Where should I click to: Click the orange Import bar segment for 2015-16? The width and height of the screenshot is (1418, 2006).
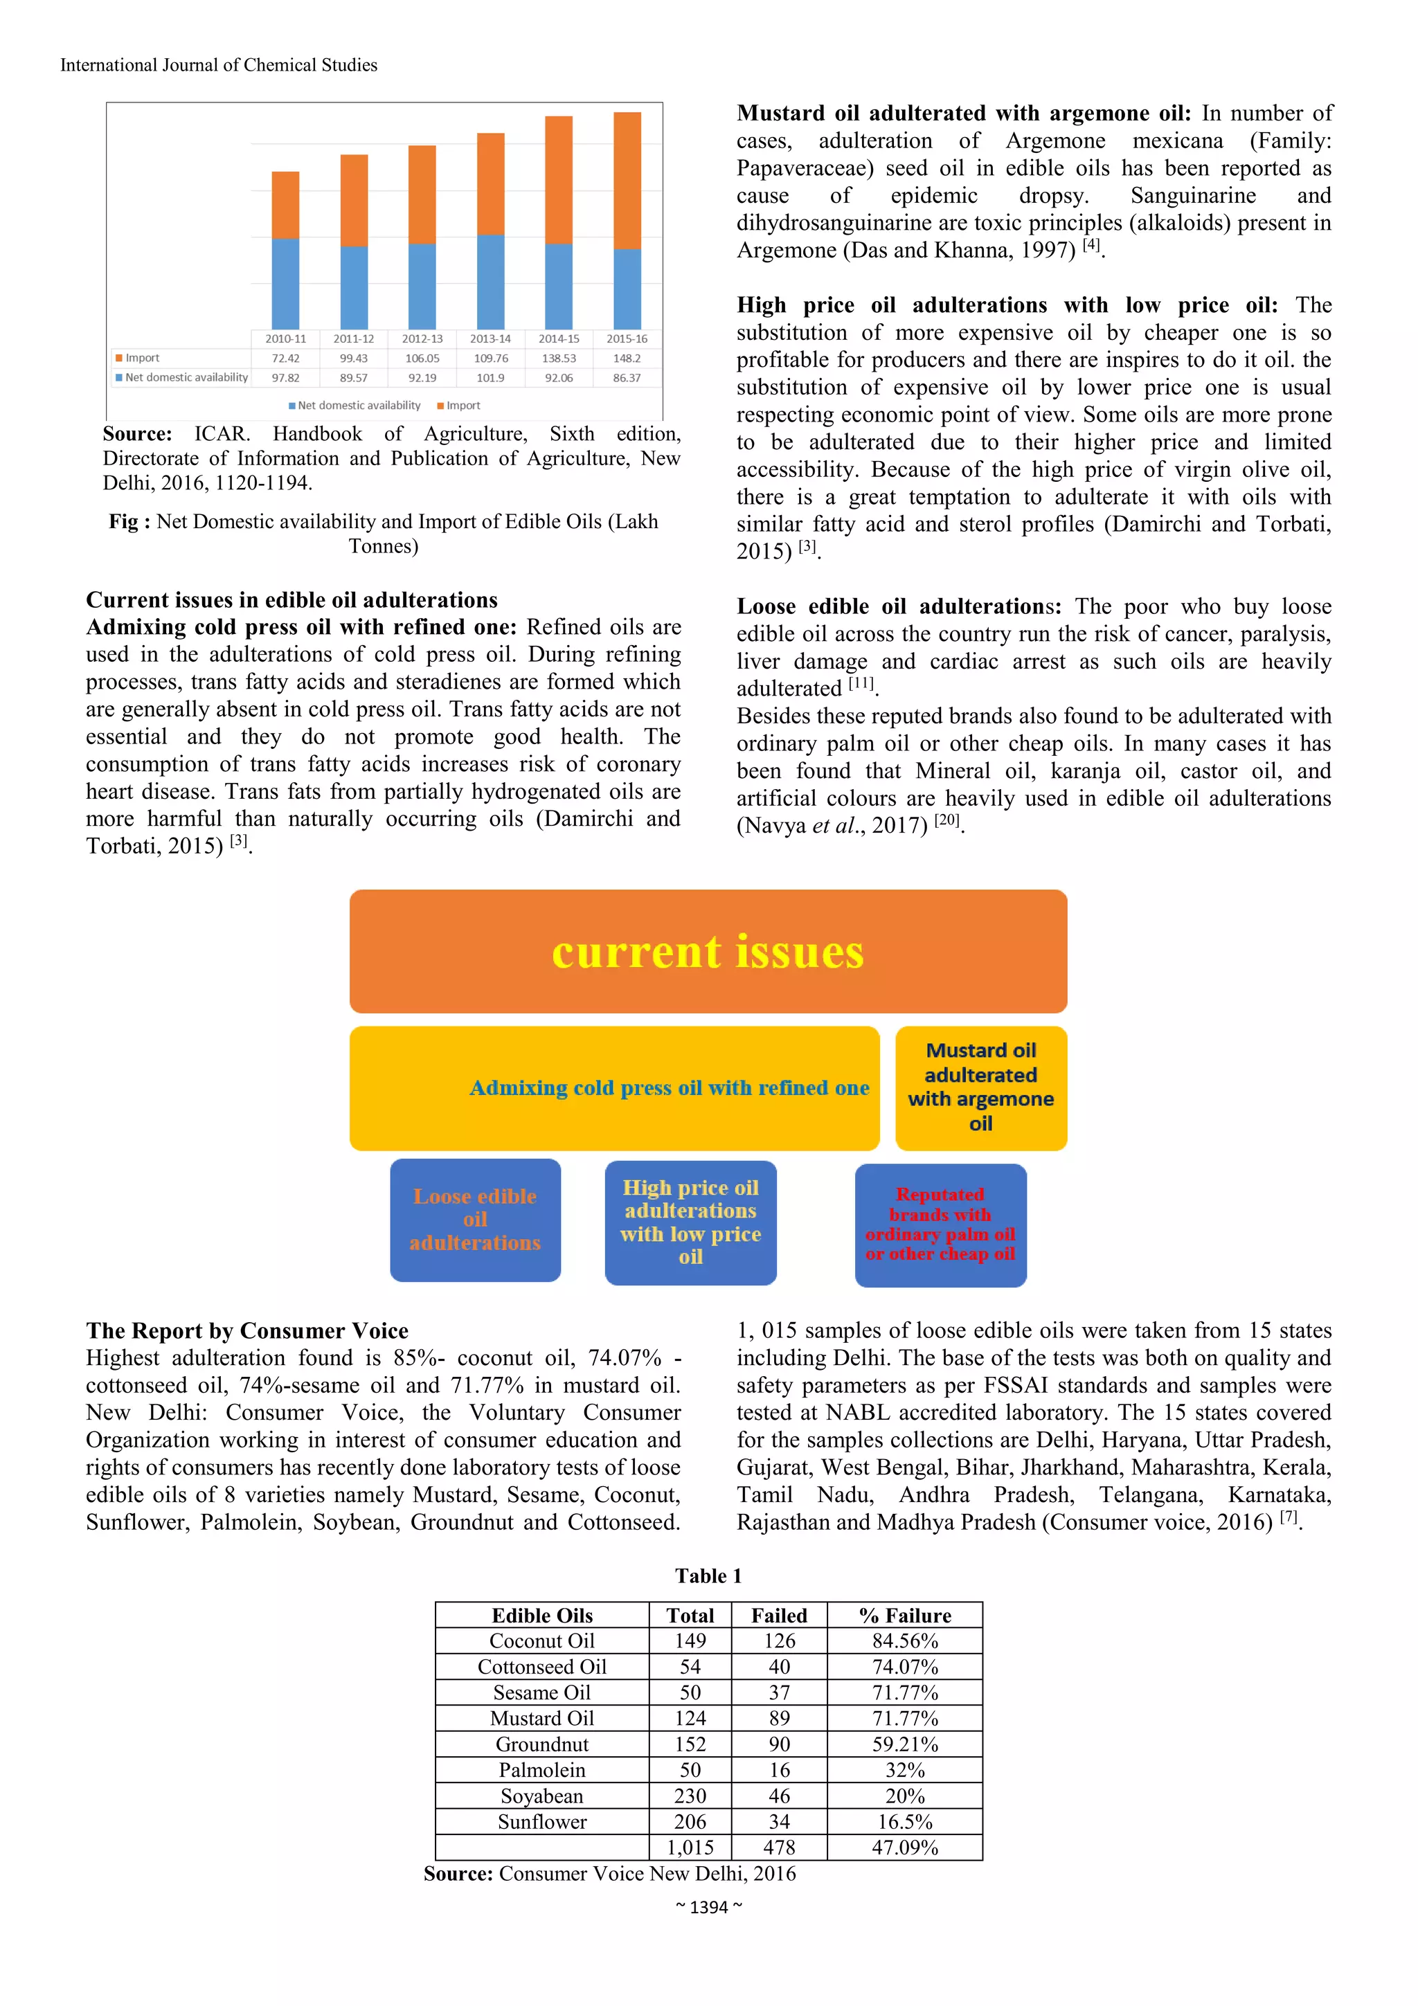[x=627, y=180]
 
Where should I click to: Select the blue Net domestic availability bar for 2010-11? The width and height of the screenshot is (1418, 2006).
[x=286, y=283]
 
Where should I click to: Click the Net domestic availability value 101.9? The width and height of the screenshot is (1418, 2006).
[x=490, y=377]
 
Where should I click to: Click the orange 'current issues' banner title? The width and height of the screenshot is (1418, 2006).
[x=708, y=952]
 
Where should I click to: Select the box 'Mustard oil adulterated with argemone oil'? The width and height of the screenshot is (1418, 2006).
[x=980, y=1087]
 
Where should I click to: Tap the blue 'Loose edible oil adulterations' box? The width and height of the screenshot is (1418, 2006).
[x=475, y=1220]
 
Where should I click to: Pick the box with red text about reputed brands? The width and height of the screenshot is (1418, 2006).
[x=940, y=1224]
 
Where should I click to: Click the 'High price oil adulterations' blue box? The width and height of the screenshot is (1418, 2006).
[x=690, y=1222]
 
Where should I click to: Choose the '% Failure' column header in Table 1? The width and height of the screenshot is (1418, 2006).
[x=904, y=1616]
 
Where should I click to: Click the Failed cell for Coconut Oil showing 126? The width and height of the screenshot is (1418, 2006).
[x=778, y=1641]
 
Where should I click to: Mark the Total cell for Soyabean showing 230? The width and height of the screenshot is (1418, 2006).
[x=690, y=1796]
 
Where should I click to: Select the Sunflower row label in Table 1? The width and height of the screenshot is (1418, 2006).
[x=541, y=1822]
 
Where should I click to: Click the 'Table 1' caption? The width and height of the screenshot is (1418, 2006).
[x=708, y=1576]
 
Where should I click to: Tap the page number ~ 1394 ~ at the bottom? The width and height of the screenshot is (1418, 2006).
[x=708, y=1907]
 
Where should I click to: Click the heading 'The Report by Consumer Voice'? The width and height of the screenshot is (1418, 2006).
[x=247, y=1330]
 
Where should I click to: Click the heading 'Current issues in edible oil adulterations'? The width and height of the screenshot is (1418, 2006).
[x=291, y=600]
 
